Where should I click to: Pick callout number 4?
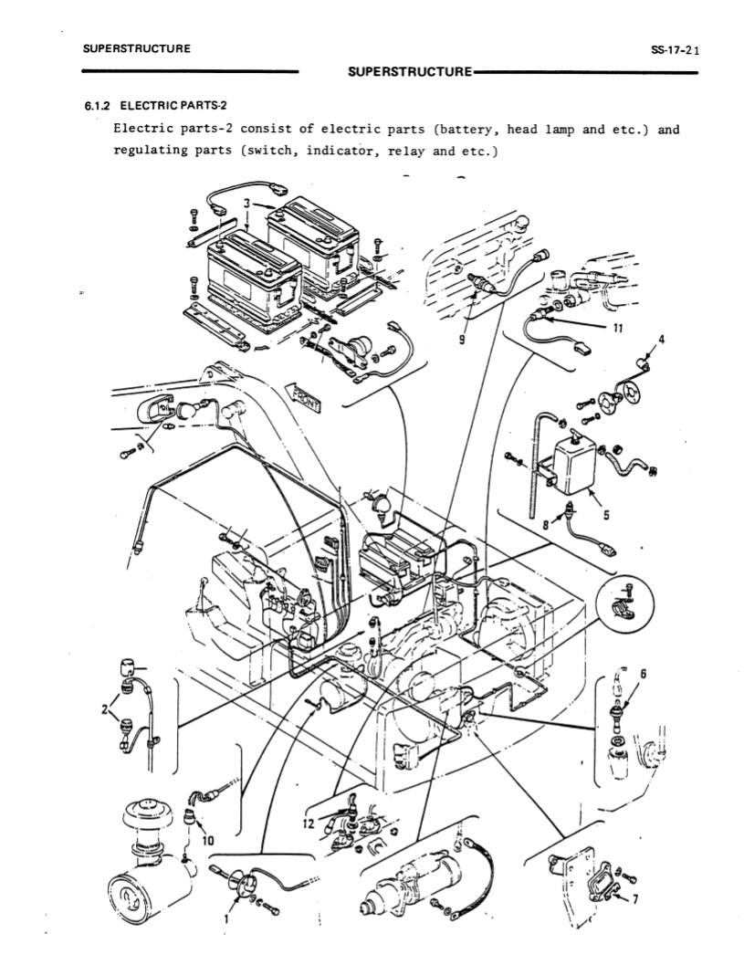coord(660,341)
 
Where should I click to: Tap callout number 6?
coord(644,674)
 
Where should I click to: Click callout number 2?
coord(104,708)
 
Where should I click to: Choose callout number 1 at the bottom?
coord(225,918)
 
